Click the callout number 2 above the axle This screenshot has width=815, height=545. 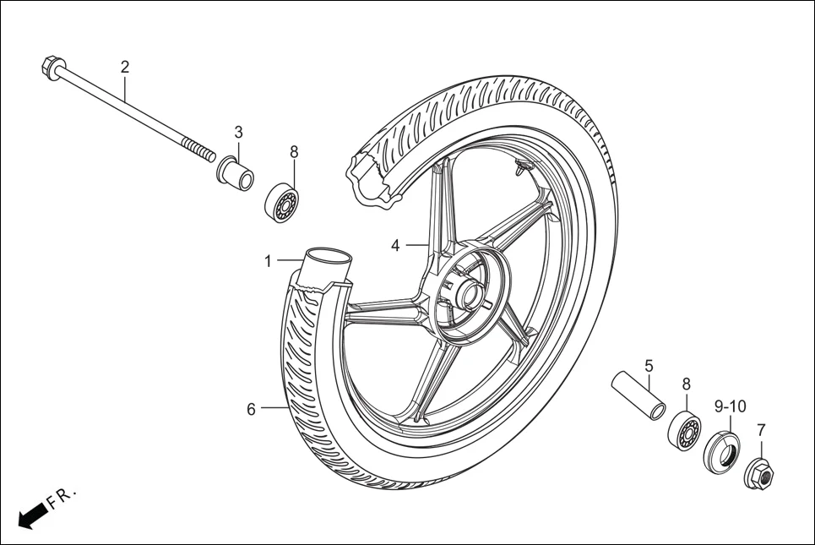[x=125, y=67]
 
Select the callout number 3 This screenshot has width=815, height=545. [x=238, y=133]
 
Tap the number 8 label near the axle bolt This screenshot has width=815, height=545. [x=294, y=152]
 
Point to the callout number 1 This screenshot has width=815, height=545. [x=269, y=262]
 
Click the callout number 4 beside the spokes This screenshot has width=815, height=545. [x=395, y=246]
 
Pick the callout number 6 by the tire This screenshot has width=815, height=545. [x=251, y=410]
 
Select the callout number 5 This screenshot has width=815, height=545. [x=649, y=366]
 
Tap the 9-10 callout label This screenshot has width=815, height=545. [x=730, y=406]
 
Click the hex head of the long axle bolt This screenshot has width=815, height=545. [x=51, y=67]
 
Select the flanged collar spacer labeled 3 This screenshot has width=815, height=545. [x=236, y=174]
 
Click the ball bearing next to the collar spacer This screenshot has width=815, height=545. [x=282, y=202]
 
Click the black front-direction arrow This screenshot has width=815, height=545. [x=31, y=515]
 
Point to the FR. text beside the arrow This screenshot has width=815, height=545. [x=62, y=498]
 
